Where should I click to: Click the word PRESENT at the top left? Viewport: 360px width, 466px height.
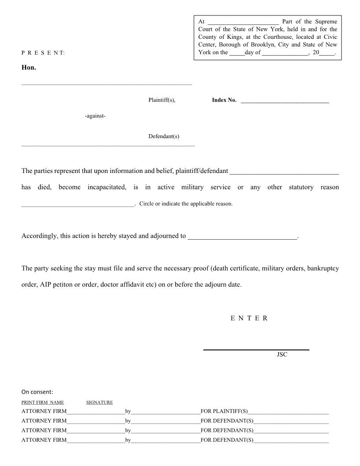(43, 53)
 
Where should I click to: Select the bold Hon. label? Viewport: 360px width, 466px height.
(29, 68)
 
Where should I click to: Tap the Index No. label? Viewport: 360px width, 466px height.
(224, 100)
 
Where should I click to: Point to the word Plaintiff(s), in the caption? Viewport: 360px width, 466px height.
(162, 100)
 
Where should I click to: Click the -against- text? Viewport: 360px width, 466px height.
(95, 116)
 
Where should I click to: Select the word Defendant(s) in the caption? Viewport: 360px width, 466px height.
(164, 136)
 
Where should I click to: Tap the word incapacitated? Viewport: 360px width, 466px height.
(107, 187)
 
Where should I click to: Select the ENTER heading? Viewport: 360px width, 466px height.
(249, 319)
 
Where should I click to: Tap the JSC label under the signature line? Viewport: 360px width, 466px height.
(282, 354)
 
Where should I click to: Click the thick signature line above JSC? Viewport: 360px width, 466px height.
(256, 350)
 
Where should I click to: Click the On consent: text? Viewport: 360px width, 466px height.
(37, 392)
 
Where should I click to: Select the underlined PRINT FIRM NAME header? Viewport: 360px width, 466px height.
(42, 402)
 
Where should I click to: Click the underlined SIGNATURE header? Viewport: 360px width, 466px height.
(99, 402)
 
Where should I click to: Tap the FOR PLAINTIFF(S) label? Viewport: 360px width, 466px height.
(224, 411)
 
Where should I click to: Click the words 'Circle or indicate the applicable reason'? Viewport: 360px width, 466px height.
(186, 204)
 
